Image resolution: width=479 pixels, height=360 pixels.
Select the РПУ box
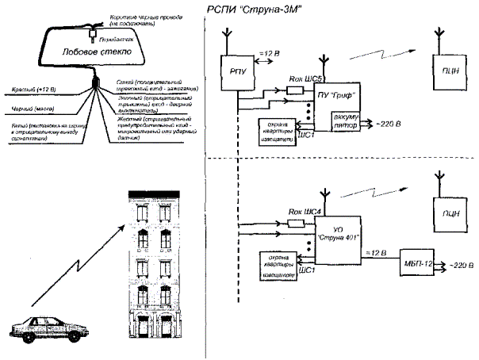[x=236, y=71]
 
